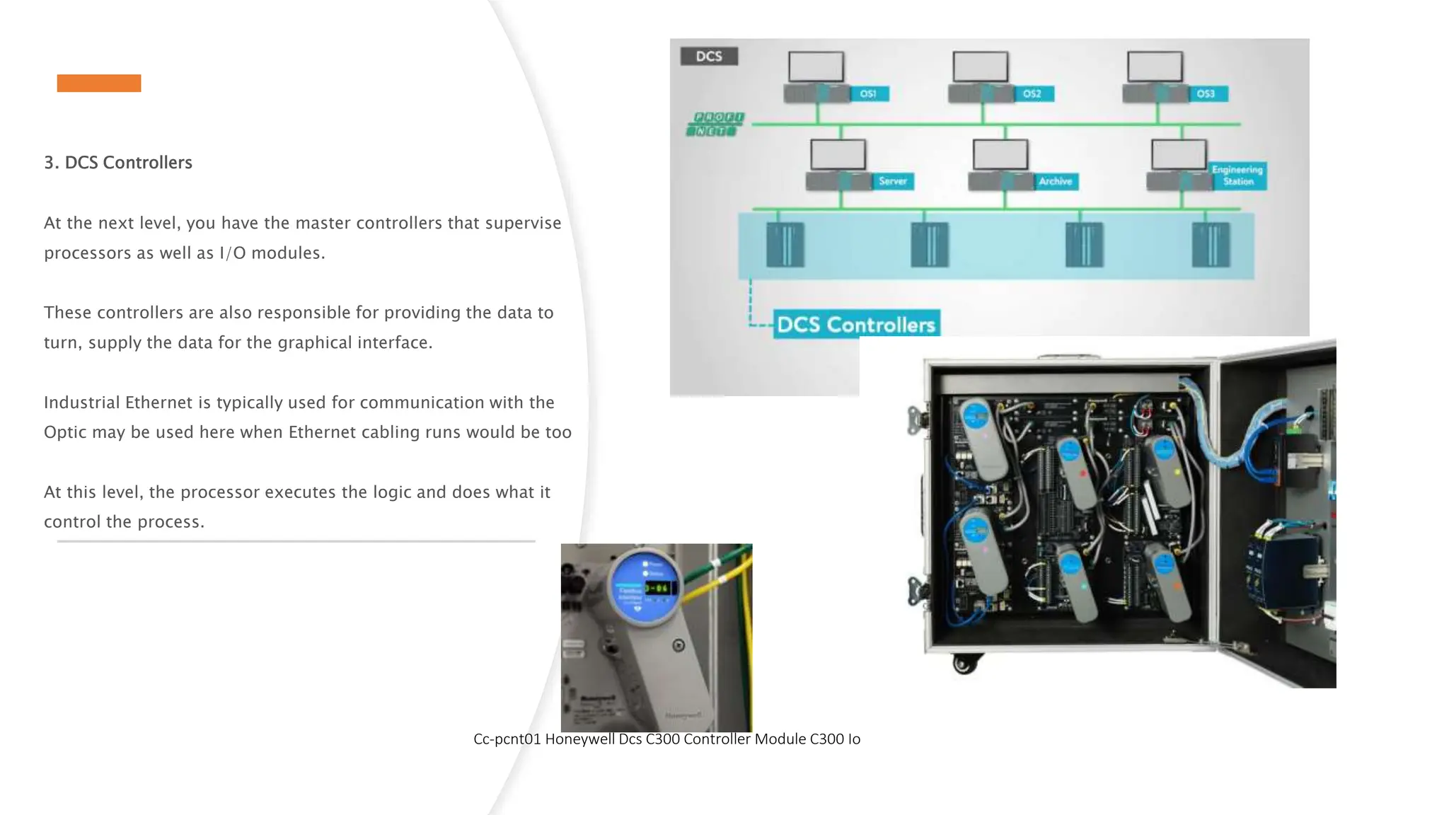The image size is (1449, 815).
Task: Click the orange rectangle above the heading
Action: coord(99,83)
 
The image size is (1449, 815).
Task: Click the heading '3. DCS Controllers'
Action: coord(118,163)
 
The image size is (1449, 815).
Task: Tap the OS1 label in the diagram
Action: coord(868,94)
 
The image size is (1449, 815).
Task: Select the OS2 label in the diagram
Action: coord(1032,94)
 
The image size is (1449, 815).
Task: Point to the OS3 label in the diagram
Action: coord(1206,94)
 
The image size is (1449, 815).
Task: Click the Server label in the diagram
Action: coord(893,182)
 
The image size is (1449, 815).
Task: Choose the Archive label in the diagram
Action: coord(1055,182)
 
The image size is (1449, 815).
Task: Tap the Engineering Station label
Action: coord(1237,175)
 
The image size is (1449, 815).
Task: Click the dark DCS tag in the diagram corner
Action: coord(709,57)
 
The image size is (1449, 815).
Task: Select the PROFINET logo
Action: coord(715,124)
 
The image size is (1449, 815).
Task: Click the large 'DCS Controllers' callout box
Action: coord(856,325)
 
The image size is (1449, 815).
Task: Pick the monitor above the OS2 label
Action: coord(980,67)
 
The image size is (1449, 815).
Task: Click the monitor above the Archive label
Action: coord(1000,154)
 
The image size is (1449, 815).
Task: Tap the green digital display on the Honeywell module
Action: coord(659,588)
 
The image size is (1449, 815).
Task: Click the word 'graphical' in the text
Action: coord(315,343)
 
